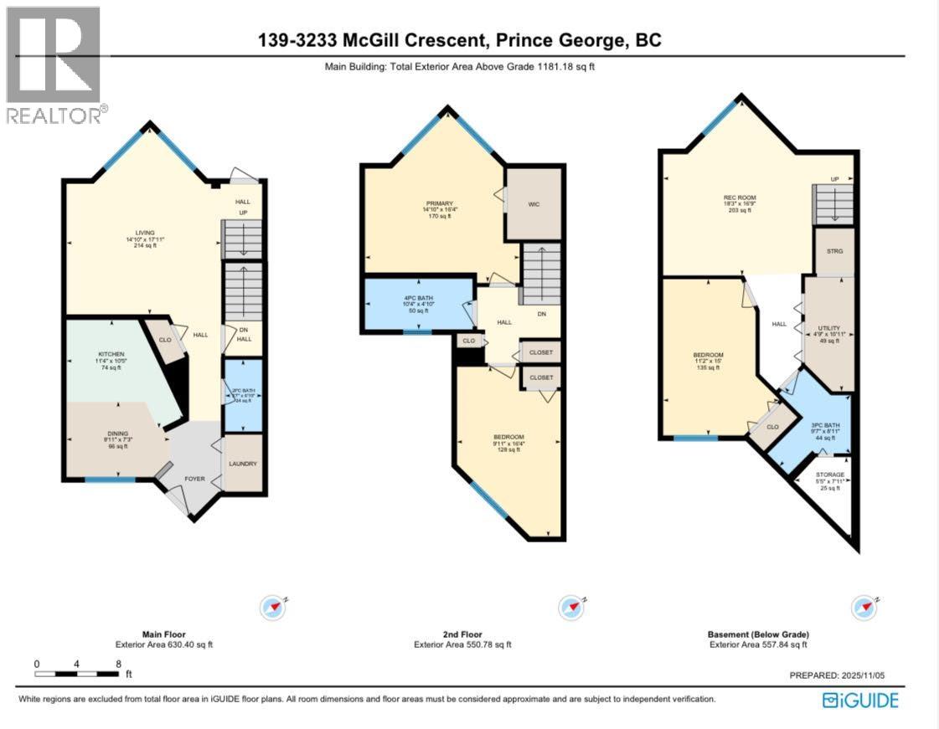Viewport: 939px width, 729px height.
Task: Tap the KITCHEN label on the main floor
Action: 111,354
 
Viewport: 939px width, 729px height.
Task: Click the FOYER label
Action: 194,480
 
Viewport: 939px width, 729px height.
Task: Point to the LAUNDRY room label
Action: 243,464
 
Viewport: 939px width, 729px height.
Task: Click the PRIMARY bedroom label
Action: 439,204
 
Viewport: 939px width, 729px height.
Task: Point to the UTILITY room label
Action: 828,328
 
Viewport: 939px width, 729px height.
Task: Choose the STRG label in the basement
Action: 834,251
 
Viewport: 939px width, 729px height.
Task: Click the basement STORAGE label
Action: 829,475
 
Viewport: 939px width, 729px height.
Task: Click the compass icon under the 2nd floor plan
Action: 571,606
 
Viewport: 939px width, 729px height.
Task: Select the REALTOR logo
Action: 54,64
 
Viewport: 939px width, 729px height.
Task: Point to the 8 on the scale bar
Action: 118,664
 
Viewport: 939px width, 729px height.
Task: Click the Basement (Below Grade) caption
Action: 757,634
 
